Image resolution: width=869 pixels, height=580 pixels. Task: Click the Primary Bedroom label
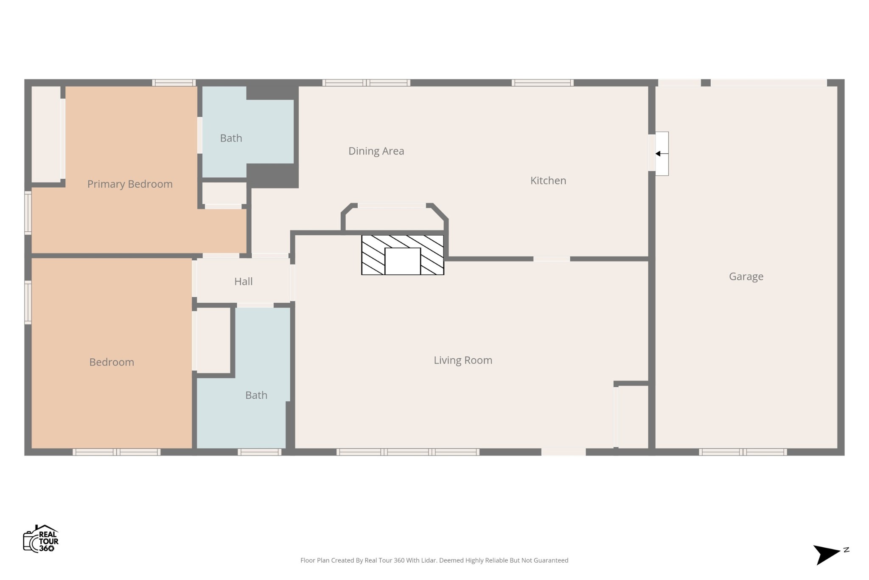[x=130, y=184]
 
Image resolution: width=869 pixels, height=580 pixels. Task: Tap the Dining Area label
[x=376, y=151]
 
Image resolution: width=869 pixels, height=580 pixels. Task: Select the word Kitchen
[x=548, y=180]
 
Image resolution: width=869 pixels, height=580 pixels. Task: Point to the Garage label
[x=746, y=276]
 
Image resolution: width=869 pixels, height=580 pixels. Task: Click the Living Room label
[x=463, y=360]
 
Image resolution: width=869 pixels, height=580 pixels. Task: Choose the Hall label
[x=244, y=281]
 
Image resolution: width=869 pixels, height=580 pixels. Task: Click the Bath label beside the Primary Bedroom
[x=231, y=138]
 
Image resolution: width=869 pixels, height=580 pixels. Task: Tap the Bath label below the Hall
[x=256, y=395]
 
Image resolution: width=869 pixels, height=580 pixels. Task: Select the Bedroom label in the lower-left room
[x=112, y=362]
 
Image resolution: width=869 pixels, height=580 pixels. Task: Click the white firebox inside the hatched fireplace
[x=403, y=261]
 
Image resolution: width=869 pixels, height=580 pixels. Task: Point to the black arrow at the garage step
[x=662, y=154]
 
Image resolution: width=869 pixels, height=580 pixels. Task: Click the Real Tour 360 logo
[x=41, y=539]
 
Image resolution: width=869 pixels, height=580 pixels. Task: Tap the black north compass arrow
[x=826, y=555]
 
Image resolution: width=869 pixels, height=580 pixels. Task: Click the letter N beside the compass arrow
[x=846, y=550]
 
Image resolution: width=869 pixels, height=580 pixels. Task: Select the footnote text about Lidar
[x=434, y=560]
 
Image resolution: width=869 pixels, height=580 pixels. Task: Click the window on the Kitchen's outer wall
[x=543, y=83]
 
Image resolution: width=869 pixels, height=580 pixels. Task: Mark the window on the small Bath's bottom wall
[x=260, y=452]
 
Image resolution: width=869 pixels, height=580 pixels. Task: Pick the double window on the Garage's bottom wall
[x=743, y=452]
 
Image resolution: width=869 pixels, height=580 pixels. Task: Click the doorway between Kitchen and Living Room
[x=552, y=259]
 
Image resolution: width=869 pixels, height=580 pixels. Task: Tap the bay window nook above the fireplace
[x=394, y=217]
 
